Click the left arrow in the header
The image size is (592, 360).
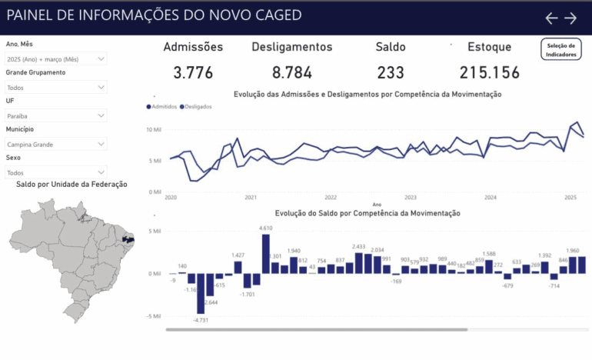click(x=551, y=18)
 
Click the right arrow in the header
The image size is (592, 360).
click(x=570, y=18)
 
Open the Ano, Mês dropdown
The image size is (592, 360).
click(x=56, y=58)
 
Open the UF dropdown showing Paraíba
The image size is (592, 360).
click(x=56, y=115)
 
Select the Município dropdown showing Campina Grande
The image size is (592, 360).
click(x=56, y=144)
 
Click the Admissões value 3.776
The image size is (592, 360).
click(x=193, y=73)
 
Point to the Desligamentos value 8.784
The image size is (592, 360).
click(x=292, y=73)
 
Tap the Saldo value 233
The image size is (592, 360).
click(x=391, y=73)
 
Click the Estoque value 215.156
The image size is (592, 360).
click(x=490, y=73)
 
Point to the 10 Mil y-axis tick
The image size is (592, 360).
click(x=154, y=129)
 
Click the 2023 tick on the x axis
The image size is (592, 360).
click(x=411, y=198)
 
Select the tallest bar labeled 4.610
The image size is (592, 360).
click(x=266, y=253)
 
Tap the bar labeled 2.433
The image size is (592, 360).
click(x=359, y=262)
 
